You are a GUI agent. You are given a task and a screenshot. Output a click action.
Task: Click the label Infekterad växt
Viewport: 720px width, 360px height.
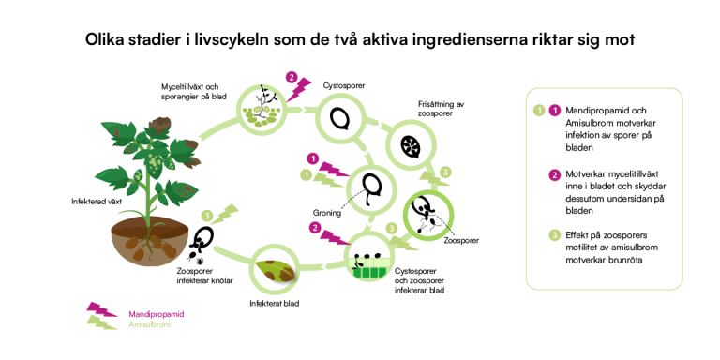coord(93,202)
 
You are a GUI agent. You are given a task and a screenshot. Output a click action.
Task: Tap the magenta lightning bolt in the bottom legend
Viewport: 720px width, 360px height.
coord(102,309)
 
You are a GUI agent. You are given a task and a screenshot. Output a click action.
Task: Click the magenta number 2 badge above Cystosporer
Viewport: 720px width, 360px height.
coord(291,78)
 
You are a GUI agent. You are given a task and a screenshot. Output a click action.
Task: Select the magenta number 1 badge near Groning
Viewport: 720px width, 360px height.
coord(313,159)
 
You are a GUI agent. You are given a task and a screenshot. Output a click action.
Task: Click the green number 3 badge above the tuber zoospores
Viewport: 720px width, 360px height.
coord(208,216)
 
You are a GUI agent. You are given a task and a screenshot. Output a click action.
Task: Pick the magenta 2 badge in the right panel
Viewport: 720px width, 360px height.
coord(555,175)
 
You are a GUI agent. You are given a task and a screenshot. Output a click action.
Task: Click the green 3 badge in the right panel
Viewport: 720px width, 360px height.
coord(555,235)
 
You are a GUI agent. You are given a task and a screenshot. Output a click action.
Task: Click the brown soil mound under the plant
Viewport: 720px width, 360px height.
coord(150,242)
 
